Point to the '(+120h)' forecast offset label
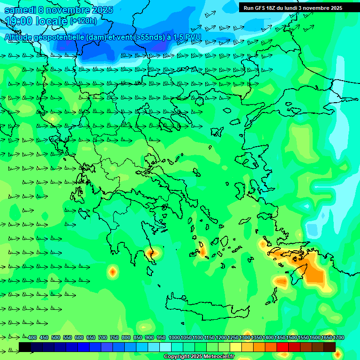click(x=83, y=21)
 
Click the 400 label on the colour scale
click(x=32, y=338)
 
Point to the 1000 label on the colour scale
click(x=174, y=338)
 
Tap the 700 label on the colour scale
click(x=103, y=338)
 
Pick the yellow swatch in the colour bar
click(x=236, y=347)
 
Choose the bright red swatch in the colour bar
click(x=283, y=347)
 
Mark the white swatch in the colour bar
click(x=165, y=347)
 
